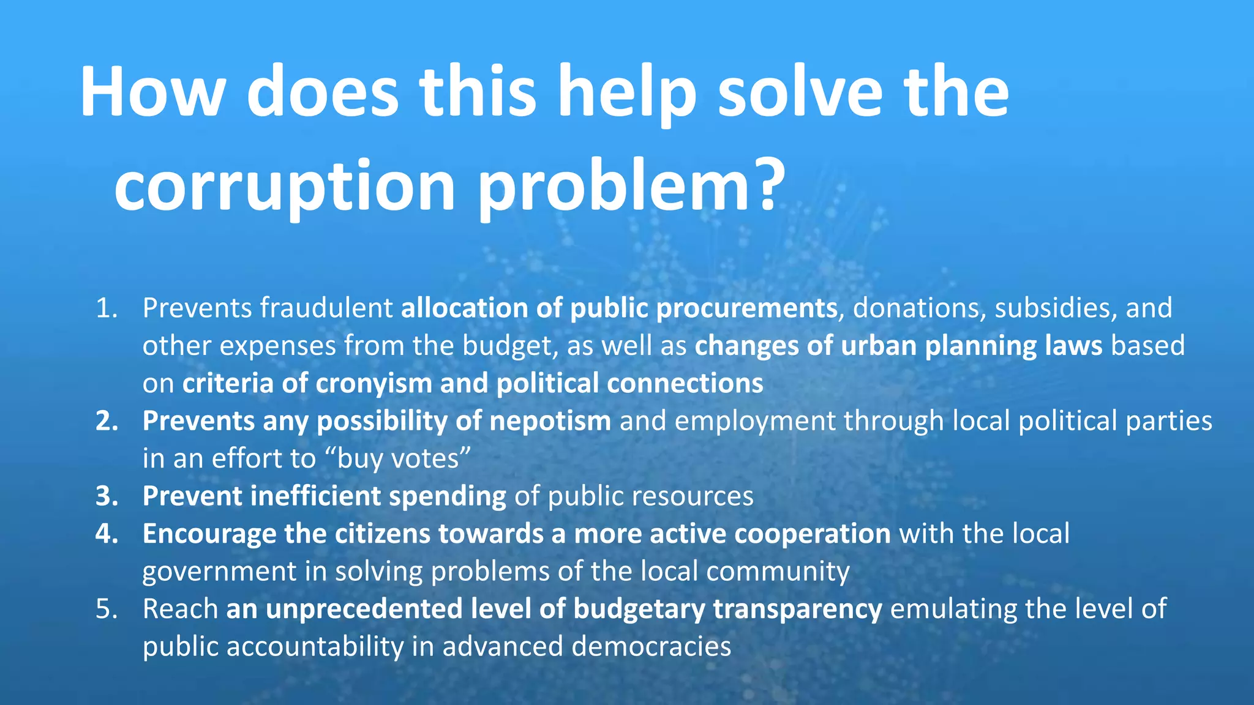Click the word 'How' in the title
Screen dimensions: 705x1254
pyautogui.click(x=152, y=92)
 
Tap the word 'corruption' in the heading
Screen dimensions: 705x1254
pyautogui.click(x=284, y=185)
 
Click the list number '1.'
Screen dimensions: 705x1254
pyautogui.click(x=107, y=308)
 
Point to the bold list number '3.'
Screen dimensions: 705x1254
pyautogui.click(x=107, y=496)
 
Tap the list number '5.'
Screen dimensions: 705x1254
pyautogui.click(x=107, y=610)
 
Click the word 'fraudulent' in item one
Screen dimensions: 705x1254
pyautogui.click(x=326, y=308)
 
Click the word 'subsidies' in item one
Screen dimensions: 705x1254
pyautogui.click(x=1052, y=308)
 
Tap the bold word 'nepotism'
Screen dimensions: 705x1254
pyautogui.click(x=550, y=422)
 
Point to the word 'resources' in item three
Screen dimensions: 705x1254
pyautogui.click(x=693, y=496)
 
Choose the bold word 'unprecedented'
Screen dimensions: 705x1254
pyautogui.click(x=364, y=610)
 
